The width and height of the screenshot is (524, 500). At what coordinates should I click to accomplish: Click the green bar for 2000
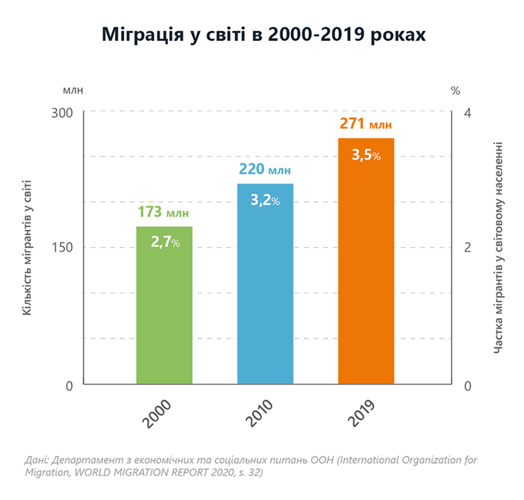(164, 312)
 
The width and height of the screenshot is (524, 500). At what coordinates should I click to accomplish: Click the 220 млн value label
(265, 170)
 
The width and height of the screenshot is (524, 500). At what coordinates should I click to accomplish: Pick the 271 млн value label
(366, 124)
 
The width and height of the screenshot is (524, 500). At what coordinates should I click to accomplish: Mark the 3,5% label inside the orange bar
(366, 155)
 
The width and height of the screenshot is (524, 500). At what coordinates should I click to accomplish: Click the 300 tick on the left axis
(66, 112)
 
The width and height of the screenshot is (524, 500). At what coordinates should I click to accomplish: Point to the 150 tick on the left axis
(66, 248)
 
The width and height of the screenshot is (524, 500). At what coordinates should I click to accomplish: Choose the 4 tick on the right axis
(467, 112)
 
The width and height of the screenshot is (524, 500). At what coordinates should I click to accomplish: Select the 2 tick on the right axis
(467, 248)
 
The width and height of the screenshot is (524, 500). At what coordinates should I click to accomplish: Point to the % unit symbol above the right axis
(456, 91)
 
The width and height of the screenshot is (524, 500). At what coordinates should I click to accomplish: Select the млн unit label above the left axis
(73, 91)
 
